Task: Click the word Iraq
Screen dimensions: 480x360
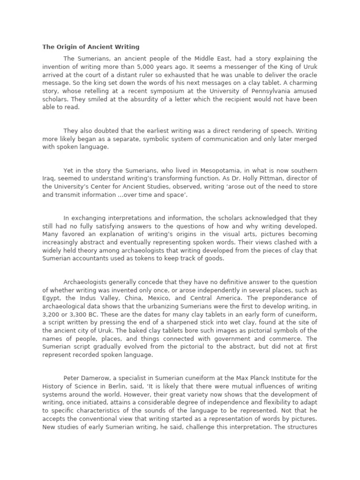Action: coord(50,179)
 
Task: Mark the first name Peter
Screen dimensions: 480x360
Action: coord(72,378)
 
